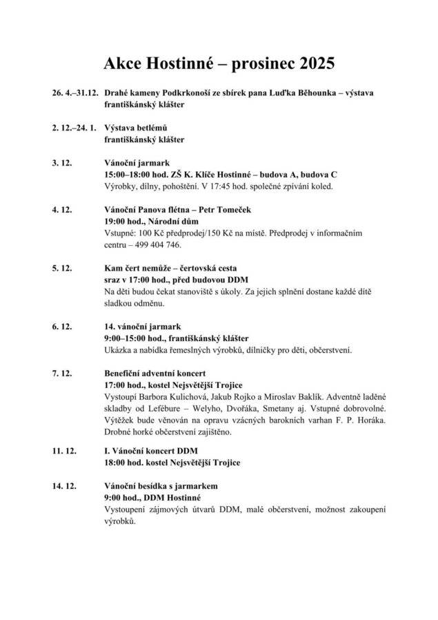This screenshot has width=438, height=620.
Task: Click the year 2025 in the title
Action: pos(312,64)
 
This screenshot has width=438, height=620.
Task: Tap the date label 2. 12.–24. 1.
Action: pos(72,128)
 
